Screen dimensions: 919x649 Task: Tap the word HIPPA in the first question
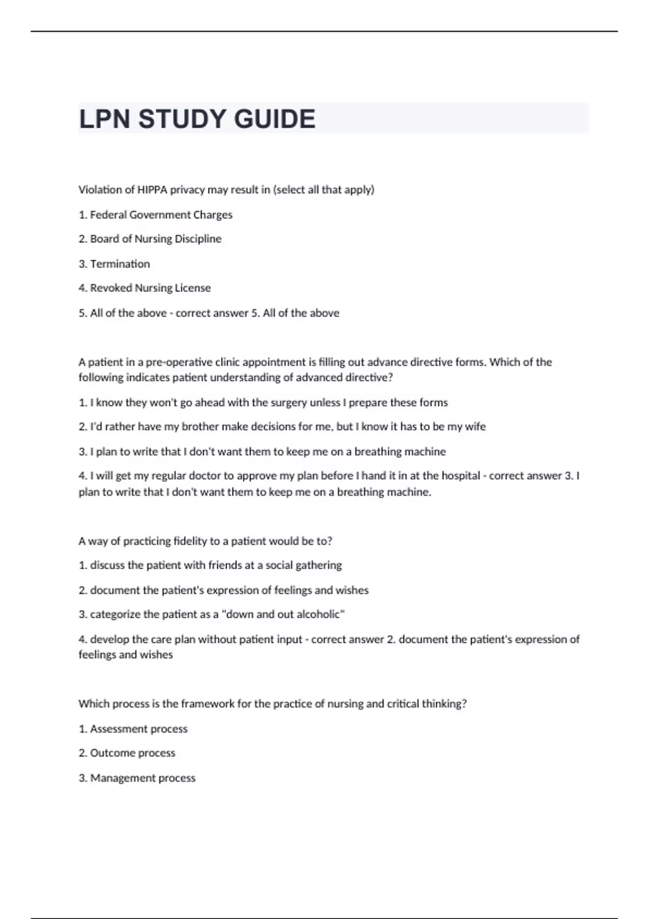[152, 190]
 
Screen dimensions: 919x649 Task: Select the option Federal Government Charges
[161, 215]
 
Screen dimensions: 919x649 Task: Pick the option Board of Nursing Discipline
[155, 239]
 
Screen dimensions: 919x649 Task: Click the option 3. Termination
[120, 264]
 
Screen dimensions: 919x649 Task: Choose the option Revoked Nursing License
[150, 288]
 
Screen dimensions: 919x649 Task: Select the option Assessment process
[138, 729]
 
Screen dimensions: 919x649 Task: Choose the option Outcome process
[133, 753]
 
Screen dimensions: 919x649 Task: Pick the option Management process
[143, 778]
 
